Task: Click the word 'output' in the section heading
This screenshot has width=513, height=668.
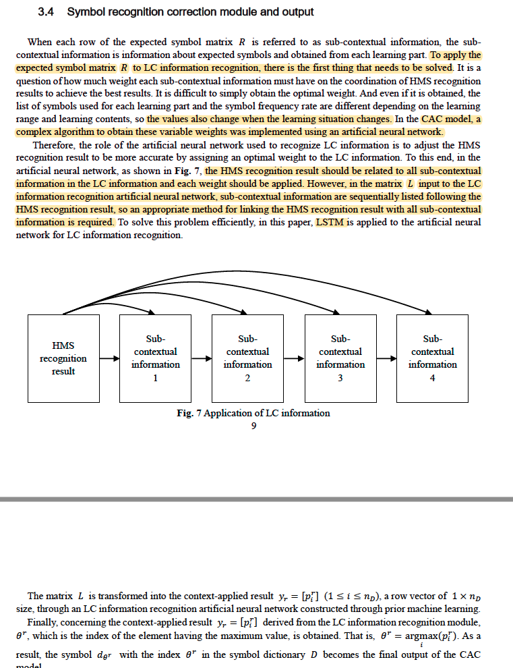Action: coord(297,12)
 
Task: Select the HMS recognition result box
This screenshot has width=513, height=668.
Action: coord(63,358)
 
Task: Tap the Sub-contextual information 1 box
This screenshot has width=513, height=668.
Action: coord(155,358)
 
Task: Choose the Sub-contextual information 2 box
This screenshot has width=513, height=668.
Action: coord(247,358)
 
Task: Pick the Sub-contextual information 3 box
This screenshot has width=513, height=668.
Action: coord(340,358)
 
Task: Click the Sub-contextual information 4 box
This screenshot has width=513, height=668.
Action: coord(432,358)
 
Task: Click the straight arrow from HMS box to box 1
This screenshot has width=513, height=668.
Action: coord(110,358)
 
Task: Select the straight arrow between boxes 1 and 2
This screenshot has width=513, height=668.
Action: coord(202,358)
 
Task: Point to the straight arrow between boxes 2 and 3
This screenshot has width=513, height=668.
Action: coord(294,358)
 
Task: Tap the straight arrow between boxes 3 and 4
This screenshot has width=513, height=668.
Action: coord(386,358)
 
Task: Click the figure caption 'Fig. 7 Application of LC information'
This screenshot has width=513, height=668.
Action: coord(253,413)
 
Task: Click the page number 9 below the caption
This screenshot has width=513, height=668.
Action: coord(253,425)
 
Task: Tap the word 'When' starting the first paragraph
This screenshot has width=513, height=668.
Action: coord(39,42)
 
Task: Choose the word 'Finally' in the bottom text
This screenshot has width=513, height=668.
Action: coord(42,621)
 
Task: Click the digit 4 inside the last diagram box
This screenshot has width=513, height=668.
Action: coord(432,378)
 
